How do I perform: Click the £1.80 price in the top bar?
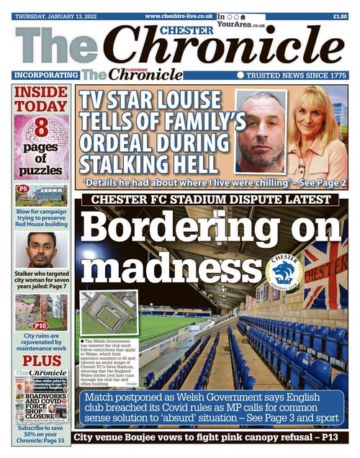pos(341,15)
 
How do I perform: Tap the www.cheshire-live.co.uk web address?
pos(179,15)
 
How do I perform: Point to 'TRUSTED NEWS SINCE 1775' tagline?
pos(297,74)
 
